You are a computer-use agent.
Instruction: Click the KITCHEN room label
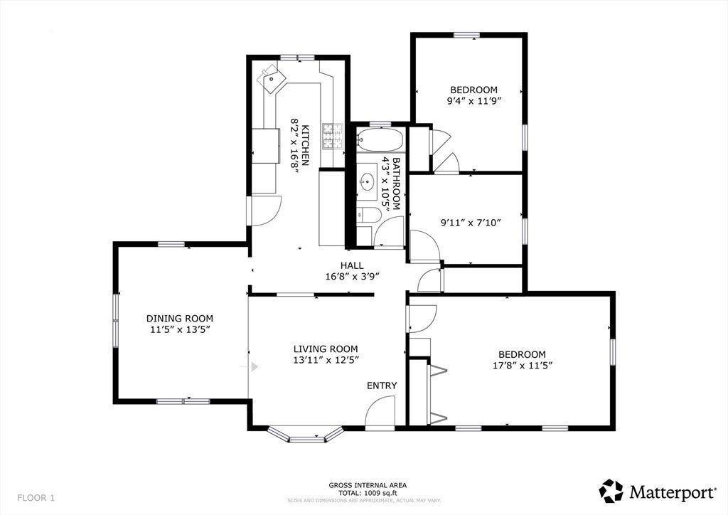point(306,145)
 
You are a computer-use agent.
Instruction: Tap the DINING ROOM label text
point(180,319)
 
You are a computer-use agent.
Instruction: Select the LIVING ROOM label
point(326,349)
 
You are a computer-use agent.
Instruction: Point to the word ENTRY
point(382,386)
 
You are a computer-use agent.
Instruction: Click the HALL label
point(352,265)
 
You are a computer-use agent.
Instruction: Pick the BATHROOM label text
point(396,184)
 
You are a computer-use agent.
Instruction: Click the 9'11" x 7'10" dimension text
point(471,223)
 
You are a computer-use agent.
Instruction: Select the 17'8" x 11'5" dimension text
point(523,366)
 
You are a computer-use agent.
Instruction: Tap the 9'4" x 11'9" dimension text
point(474,101)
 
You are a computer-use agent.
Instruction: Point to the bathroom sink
point(368,180)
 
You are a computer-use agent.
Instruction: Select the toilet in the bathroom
point(369,214)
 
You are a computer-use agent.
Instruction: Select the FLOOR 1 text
point(36,498)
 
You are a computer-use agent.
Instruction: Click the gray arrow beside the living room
point(255,367)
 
